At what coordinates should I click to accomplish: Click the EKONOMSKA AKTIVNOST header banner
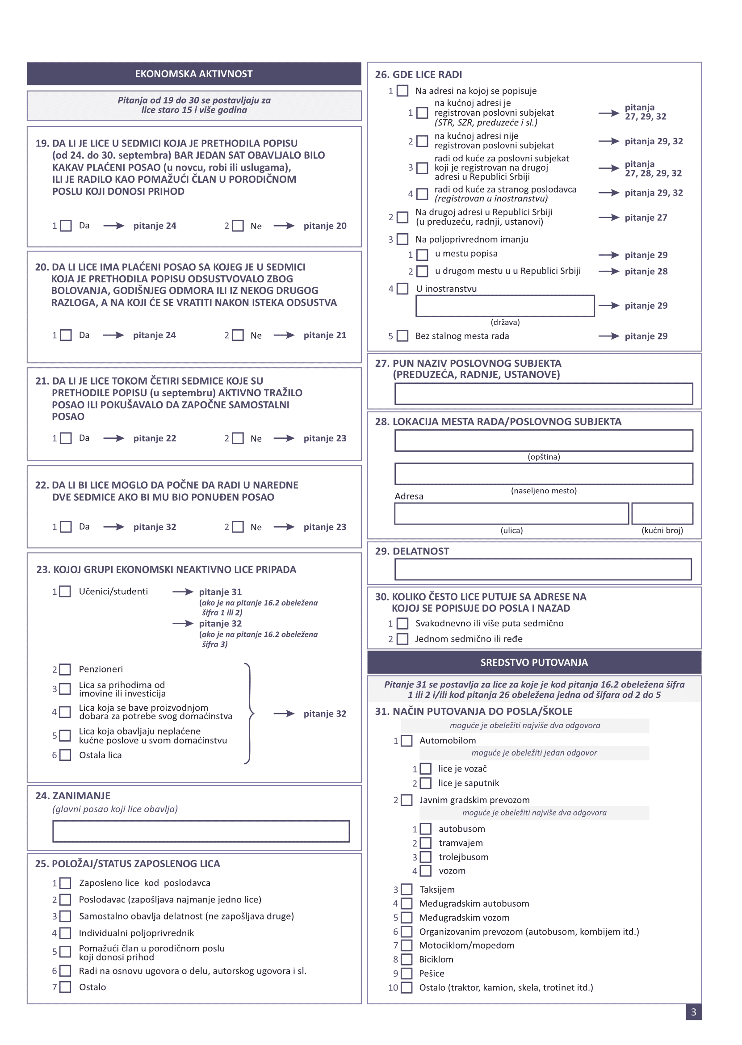pos(194,74)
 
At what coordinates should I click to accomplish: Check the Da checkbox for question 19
pos(66,226)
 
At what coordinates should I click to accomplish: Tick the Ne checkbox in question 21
pos(238,438)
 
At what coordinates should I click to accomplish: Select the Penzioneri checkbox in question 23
pos(66,669)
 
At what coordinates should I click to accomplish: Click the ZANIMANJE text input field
pos(201,831)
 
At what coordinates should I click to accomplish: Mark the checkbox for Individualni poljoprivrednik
pos(66,933)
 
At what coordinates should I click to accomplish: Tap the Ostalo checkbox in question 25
pos(66,987)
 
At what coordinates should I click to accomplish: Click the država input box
pos(504,306)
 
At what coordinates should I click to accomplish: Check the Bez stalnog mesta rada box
pos(402,336)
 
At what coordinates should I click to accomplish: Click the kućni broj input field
pos(662,514)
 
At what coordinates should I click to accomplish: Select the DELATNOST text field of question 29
pos(543,569)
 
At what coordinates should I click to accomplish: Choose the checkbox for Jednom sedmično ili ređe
pos(402,639)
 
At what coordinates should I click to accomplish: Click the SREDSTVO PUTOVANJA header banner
pos(534,662)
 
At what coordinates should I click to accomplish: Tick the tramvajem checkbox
pos(426,843)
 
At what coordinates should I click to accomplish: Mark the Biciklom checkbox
pos(407,959)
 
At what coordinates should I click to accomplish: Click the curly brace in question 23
pos(249,713)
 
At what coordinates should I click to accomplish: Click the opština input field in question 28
pos(544,441)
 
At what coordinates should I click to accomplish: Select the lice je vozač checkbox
pos(426,768)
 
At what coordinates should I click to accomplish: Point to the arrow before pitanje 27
pos(608,218)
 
